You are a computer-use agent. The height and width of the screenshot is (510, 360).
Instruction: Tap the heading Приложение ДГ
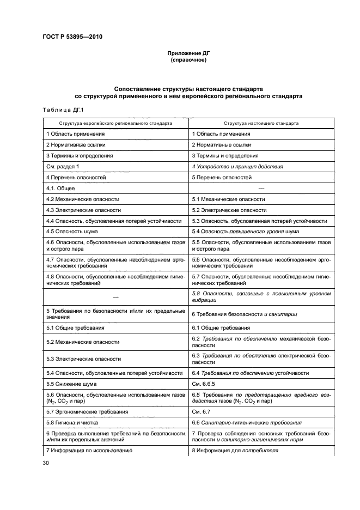click(x=188, y=53)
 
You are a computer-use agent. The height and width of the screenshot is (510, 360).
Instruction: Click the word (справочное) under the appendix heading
click(x=188, y=60)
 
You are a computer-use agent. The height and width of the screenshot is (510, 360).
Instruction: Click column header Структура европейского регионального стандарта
click(x=115, y=123)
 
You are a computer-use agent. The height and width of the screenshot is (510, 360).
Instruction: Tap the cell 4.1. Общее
click(x=60, y=188)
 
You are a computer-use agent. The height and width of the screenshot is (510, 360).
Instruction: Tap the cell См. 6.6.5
click(x=204, y=384)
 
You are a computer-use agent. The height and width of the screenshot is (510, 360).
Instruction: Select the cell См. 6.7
click(x=201, y=411)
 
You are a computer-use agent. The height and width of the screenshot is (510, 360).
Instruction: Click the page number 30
click(x=46, y=463)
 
